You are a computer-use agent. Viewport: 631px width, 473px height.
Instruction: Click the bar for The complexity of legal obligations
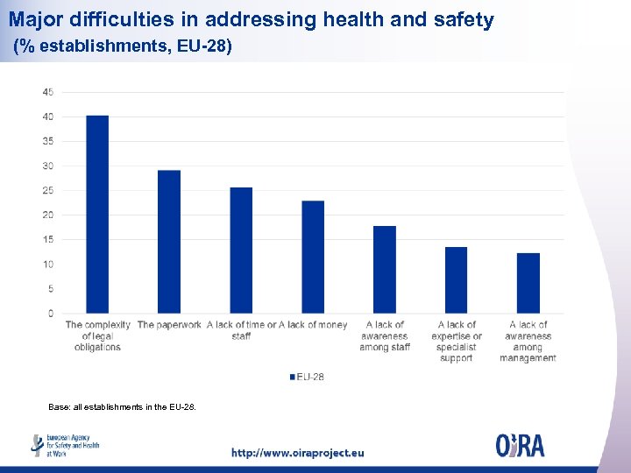[x=97, y=215]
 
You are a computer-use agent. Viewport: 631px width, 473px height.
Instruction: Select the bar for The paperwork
[x=169, y=242]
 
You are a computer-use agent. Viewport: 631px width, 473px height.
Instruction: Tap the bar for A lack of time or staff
[x=241, y=251]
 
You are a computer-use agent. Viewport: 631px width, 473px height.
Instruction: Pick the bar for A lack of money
[x=313, y=257]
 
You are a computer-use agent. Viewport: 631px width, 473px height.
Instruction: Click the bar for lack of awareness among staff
[x=385, y=270]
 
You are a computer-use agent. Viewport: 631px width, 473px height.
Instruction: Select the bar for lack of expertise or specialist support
[x=457, y=280]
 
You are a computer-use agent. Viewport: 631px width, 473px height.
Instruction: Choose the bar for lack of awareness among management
[x=528, y=283]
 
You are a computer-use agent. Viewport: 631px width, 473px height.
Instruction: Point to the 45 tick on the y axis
[x=48, y=92]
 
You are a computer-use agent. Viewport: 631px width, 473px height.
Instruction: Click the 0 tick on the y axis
[x=51, y=314]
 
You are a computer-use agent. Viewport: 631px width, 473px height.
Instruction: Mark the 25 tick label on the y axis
[x=48, y=190]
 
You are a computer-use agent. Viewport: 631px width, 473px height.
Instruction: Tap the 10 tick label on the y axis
[x=48, y=265]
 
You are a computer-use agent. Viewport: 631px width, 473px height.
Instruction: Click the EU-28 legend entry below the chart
[x=307, y=377]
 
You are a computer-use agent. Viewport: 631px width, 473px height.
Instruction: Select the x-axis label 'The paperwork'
[x=169, y=325]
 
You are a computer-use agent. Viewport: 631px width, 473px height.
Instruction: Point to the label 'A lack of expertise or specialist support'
[x=457, y=342]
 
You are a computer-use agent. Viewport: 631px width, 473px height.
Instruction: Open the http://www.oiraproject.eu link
[x=297, y=453]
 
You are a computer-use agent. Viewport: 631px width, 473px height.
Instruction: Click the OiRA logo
[x=520, y=445]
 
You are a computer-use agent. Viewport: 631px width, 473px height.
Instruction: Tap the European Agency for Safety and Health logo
[x=66, y=445]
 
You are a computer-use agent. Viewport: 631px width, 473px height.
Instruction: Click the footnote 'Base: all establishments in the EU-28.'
[x=123, y=406]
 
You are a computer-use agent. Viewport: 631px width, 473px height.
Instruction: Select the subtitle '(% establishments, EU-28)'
[x=123, y=46]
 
